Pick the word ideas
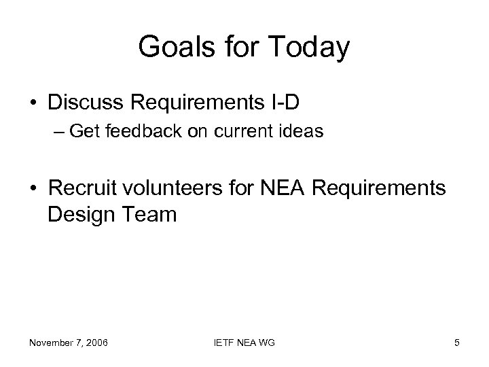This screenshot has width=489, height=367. (303, 132)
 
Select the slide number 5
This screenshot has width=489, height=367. (457, 343)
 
